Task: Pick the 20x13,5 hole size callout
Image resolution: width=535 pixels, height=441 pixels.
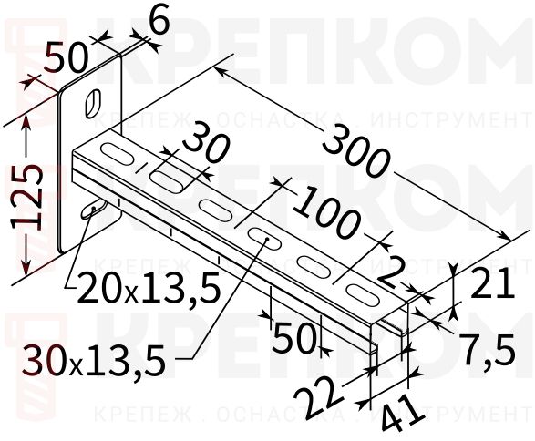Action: pyautogui.click(x=149, y=290)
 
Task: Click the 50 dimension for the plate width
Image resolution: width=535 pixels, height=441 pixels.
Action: pyautogui.click(x=69, y=59)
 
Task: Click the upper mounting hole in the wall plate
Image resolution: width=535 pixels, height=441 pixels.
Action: pyautogui.click(x=94, y=101)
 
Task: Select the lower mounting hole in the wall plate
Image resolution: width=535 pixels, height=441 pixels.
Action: pyautogui.click(x=89, y=210)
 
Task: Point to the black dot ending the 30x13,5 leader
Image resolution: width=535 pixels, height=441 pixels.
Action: pyautogui.click(x=270, y=241)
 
